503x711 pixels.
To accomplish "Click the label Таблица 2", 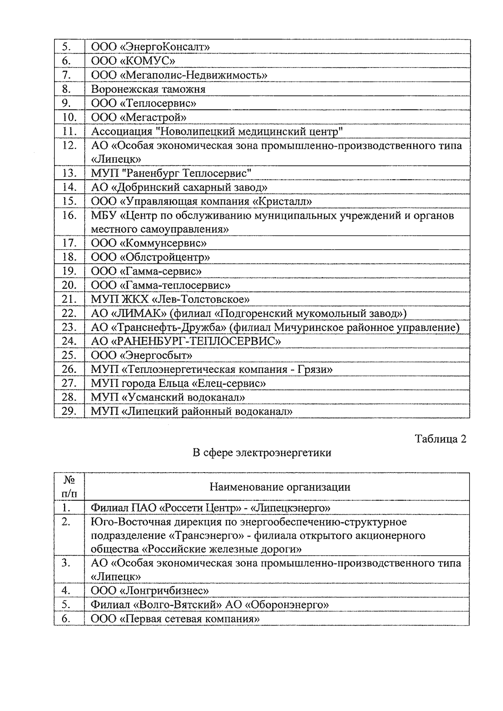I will click(440, 439).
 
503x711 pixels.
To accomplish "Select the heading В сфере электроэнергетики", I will click(262, 452).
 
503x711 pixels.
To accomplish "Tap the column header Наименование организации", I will click(280, 487).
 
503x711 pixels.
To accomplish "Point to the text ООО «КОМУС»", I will click(133, 61).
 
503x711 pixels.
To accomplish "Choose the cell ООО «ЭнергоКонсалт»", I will click(150, 47).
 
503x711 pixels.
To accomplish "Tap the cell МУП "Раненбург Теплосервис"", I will click(171, 173).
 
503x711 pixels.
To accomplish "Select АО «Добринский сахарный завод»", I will click(179, 187).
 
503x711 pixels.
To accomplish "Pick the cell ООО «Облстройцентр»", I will click(150, 257).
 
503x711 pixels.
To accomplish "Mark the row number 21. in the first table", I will click(68, 299).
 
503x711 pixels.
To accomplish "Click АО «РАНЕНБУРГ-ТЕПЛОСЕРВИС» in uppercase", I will click(186, 341).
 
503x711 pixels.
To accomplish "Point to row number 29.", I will click(68, 411).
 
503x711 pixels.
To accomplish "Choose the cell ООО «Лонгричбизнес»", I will click(150, 590).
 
